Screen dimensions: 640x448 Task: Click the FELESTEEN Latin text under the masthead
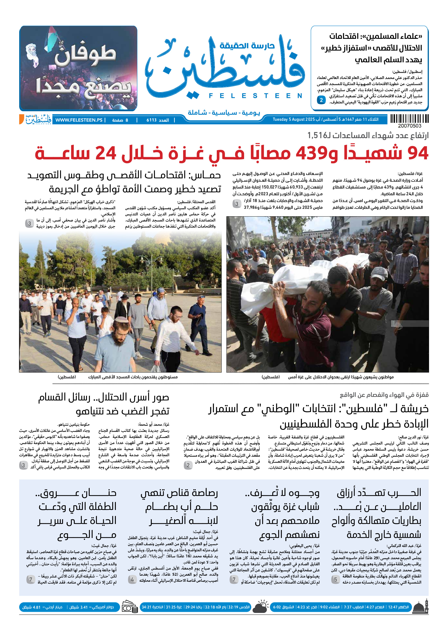tap(255, 96)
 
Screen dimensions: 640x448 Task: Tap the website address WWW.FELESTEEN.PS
tap(79, 120)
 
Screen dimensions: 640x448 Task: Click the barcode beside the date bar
tap(409, 119)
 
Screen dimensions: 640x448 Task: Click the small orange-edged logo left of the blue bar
tap(35, 119)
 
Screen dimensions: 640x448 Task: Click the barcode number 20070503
tap(409, 126)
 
